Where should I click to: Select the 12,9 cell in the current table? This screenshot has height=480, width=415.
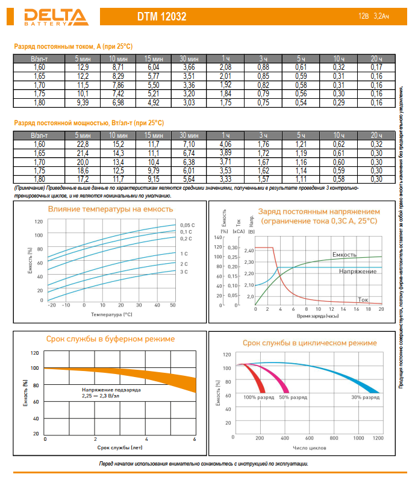click(82, 66)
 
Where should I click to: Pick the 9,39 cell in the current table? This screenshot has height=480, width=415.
click(82, 103)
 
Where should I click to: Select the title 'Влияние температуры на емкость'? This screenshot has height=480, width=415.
click(110, 209)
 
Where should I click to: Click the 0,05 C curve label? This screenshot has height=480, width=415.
click(187, 225)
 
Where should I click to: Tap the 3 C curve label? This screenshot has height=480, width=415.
click(184, 273)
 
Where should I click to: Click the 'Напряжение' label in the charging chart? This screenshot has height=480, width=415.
click(358, 272)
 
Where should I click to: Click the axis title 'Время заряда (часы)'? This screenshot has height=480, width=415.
click(318, 316)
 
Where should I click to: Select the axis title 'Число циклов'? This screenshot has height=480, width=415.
click(309, 449)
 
